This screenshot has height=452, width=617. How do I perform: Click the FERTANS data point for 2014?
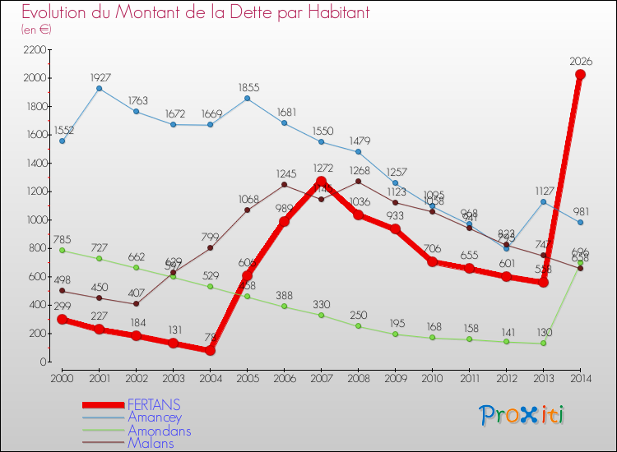580,75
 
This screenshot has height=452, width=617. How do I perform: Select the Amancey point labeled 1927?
99,88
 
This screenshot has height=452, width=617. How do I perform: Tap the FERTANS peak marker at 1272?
321,182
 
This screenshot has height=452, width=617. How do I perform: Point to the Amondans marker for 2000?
62,251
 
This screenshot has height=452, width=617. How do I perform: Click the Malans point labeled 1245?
284,185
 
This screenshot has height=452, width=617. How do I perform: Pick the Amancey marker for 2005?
247,99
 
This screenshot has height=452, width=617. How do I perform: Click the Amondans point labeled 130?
543,343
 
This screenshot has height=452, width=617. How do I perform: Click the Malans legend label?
151,442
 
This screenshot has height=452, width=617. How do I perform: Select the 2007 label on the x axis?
321,377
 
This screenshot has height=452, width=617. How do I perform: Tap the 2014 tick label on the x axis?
580,377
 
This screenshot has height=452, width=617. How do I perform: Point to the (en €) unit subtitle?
37,29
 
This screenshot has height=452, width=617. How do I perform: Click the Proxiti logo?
522,415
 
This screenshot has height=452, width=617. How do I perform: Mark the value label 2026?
580,61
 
